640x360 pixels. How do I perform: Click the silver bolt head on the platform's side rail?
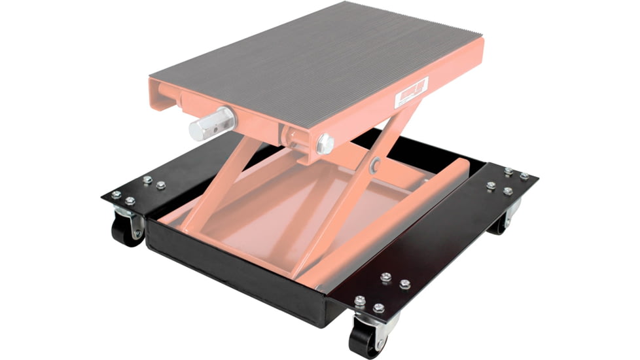click(325, 144)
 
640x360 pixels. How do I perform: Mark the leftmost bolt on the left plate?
click(116, 194)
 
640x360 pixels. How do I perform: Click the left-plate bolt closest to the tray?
click(161, 185)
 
